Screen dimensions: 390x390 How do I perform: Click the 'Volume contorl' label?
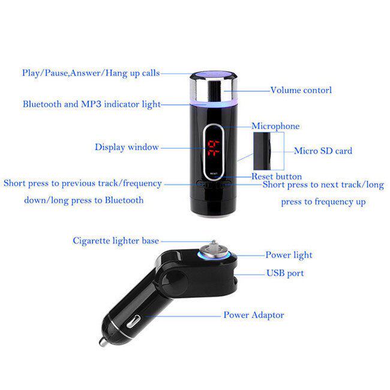(301, 90)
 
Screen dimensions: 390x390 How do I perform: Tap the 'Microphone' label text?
(275, 126)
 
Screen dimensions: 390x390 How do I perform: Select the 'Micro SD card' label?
(323, 151)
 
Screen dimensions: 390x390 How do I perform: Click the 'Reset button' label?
(277, 176)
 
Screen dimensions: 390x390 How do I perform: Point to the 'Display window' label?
(127, 147)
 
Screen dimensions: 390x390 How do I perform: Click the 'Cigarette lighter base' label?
(116, 241)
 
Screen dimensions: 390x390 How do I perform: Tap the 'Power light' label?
(289, 255)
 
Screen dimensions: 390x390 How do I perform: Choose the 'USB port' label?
(285, 273)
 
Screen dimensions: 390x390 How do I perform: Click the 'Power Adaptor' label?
(254, 315)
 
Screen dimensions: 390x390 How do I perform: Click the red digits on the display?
(214, 148)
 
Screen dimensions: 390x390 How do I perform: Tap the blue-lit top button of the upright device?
(213, 74)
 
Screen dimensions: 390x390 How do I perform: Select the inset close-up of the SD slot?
(269, 151)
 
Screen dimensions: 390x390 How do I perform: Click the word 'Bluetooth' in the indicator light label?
(42, 104)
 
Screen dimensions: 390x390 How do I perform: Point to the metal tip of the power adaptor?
(103, 342)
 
